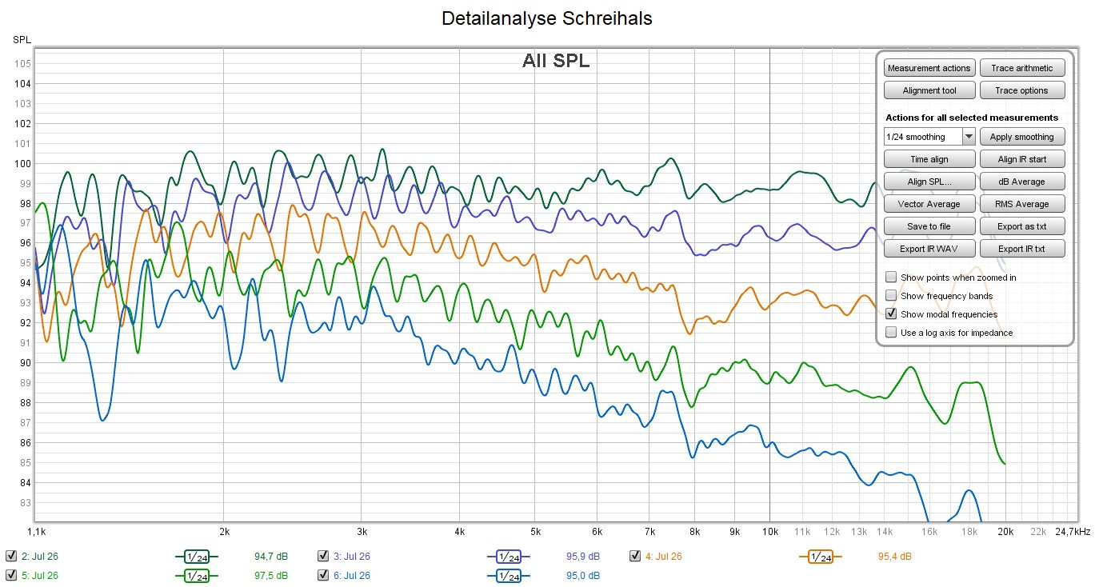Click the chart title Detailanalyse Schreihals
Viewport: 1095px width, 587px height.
(547, 18)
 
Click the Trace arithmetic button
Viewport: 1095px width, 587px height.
(1022, 68)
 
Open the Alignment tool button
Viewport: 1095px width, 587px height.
(930, 90)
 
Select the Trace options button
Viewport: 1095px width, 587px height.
(1022, 90)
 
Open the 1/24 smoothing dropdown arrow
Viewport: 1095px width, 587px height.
(969, 137)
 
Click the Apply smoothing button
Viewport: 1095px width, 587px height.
(1022, 137)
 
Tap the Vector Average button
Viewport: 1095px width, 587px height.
(930, 204)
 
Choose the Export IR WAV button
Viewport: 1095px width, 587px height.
(930, 248)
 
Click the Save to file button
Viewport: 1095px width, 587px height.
(930, 226)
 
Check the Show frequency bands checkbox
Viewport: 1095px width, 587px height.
(891, 296)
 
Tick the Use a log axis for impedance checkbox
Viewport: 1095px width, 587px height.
(891, 333)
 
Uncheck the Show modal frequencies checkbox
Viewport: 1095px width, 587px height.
(891, 314)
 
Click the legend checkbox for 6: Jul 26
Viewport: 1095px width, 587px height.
(323, 575)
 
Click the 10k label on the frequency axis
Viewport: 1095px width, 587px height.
(769, 531)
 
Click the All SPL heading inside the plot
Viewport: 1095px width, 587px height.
(556, 61)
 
